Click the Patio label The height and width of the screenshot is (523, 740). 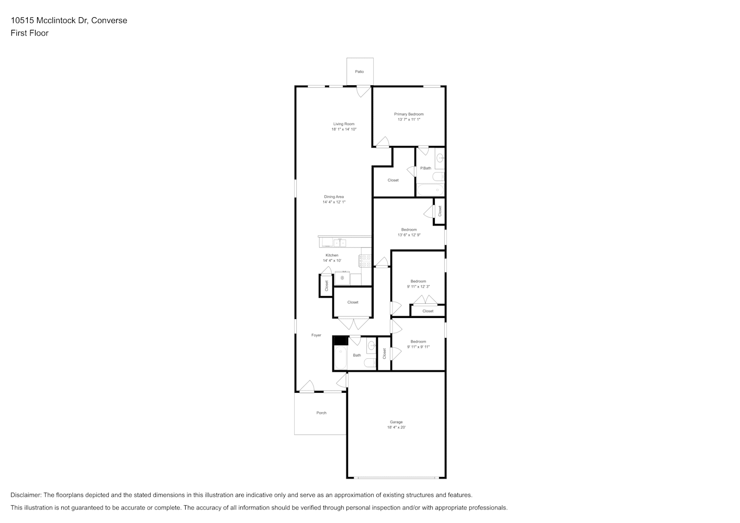[x=359, y=72]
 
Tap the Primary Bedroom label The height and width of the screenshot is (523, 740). [x=409, y=114]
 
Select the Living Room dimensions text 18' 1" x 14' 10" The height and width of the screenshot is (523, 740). [x=344, y=129]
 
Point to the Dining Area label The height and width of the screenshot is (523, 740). [x=334, y=197]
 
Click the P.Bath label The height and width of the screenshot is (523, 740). [x=425, y=168]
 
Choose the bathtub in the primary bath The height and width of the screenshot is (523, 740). [x=431, y=190]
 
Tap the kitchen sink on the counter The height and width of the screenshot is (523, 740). [x=340, y=243]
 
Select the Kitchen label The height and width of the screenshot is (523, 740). [x=332, y=255]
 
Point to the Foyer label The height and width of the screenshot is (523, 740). [x=316, y=335]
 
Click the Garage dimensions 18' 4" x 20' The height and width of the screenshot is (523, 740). [x=397, y=427]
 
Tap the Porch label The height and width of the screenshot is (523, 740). [x=321, y=413]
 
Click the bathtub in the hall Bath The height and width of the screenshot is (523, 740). [x=341, y=358]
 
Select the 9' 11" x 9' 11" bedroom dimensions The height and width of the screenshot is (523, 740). [x=418, y=347]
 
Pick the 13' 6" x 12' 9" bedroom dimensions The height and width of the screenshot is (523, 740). [x=409, y=235]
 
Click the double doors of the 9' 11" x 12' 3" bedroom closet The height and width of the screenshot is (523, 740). [x=425, y=300]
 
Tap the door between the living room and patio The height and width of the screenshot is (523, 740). [x=363, y=92]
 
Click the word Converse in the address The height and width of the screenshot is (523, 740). [x=109, y=20]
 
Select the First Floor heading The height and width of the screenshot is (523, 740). [x=29, y=33]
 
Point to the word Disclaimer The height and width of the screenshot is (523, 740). [x=26, y=495]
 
